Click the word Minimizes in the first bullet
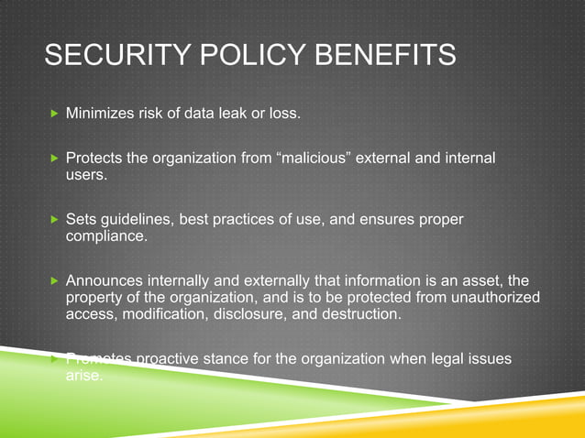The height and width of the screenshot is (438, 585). (x=100, y=115)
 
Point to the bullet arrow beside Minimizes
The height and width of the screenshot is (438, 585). (x=53, y=115)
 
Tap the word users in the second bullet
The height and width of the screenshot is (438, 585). (x=85, y=174)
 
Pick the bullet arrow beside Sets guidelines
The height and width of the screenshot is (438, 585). (x=53, y=221)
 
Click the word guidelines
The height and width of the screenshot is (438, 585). (x=136, y=220)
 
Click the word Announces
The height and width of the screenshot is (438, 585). (x=105, y=281)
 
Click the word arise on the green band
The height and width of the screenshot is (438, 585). (x=85, y=375)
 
